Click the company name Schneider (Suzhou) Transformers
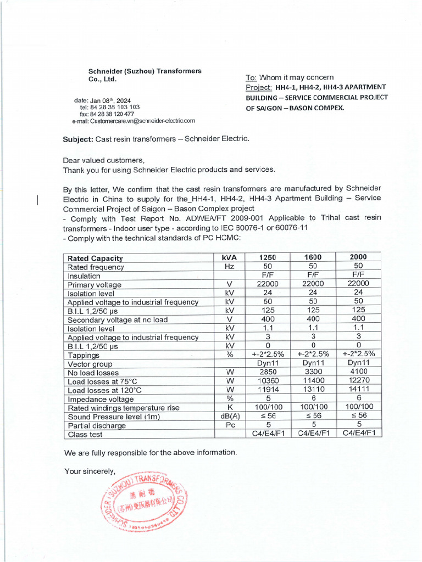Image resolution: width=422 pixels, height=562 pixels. click(x=145, y=71)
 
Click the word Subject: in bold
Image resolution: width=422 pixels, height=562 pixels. click(x=79, y=139)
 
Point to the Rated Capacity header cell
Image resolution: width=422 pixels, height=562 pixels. click(x=95, y=258)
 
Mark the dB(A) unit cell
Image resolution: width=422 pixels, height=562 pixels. click(x=230, y=416)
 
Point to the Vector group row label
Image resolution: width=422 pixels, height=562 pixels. click(x=90, y=364)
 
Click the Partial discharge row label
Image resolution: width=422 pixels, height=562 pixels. click(x=96, y=425)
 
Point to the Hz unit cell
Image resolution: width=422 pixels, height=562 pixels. click(x=230, y=266)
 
